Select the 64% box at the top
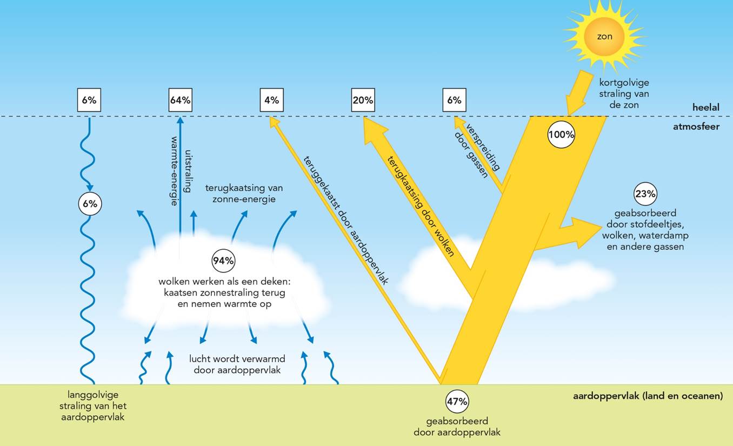[180, 100]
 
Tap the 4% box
[271, 100]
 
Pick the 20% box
[363, 100]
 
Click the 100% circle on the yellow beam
[561, 135]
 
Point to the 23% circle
[645, 194]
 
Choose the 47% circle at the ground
[457, 402]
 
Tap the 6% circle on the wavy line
[90, 204]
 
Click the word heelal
[705, 108]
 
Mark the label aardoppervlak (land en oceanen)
[648, 396]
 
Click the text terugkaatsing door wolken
[420, 206]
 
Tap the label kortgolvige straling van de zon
[624, 94]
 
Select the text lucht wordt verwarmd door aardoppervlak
[237, 364]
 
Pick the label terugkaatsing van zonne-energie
[244, 193]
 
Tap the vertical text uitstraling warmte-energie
[182, 170]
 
